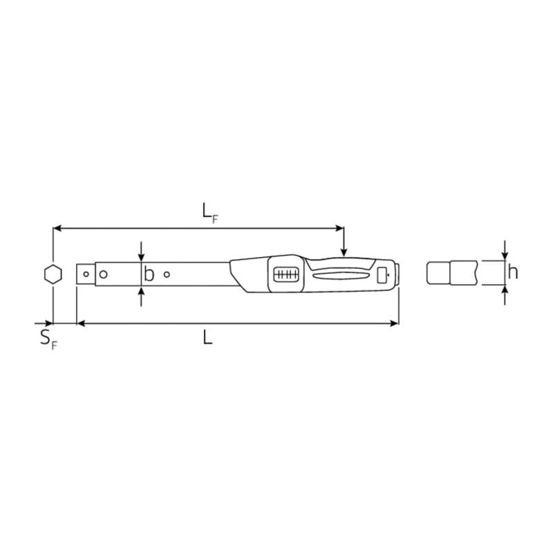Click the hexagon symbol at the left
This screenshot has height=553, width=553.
point(51,274)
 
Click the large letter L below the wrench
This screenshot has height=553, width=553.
point(207,337)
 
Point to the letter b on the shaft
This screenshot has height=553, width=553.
point(149,274)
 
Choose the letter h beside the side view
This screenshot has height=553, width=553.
point(512,272)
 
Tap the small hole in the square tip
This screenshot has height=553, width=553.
point(86,274)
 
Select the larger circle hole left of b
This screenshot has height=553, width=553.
point(103,274)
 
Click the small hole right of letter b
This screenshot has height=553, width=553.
point(167,274)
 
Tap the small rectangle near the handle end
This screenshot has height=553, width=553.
point(382,276)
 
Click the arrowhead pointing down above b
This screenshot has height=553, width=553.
point(141,256)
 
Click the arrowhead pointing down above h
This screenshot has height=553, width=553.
point(505,255)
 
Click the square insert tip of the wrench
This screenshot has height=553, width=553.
point(86,274)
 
